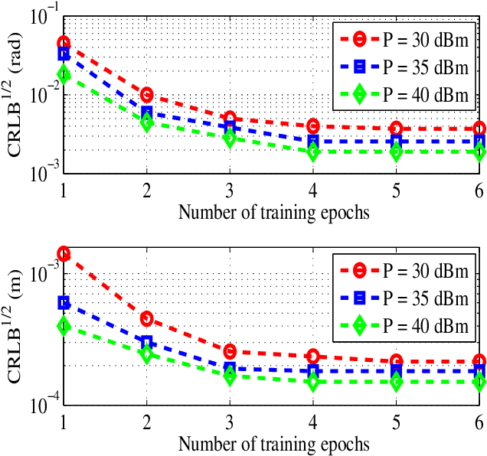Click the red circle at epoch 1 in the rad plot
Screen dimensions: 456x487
click(x=64, y=43)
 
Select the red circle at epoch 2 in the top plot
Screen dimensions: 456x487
click(x=146, y=95)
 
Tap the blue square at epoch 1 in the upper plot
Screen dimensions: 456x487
click(x=64, y=54)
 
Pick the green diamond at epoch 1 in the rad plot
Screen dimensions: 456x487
click(x=64, y=74)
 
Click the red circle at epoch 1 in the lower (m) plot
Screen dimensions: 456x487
click(x=64, y=253)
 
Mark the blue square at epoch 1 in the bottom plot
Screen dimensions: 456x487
click(x=64, y=303)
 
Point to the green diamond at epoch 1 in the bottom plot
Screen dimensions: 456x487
click(x=64, y=325)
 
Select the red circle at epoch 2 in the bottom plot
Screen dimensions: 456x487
click(x=146, y=318)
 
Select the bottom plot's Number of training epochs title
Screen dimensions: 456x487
click(x=273, y=443)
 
